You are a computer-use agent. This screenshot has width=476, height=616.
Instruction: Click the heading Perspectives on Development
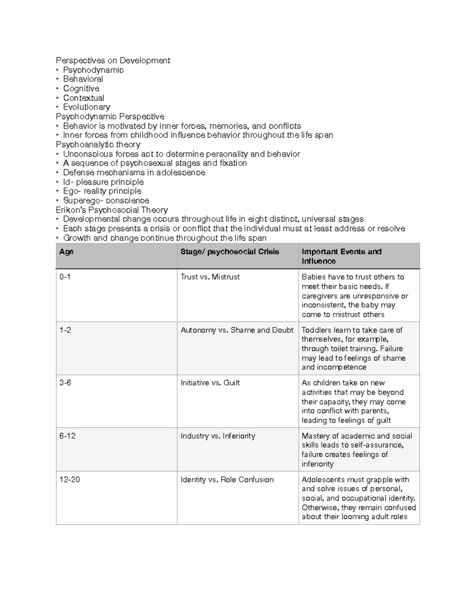113,60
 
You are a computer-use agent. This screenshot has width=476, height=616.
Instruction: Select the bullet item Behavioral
83,79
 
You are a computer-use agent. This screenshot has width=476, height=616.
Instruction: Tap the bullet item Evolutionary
86,107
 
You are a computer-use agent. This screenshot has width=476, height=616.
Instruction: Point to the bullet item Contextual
84,98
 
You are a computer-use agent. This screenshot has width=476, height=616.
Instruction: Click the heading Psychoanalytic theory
98,144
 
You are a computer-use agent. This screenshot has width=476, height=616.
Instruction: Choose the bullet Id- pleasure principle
103,182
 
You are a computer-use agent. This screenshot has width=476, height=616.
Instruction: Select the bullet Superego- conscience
106,200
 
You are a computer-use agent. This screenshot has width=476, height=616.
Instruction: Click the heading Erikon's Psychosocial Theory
112,210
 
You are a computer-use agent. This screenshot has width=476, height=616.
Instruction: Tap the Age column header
66,252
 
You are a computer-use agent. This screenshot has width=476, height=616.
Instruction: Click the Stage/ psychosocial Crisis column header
230,252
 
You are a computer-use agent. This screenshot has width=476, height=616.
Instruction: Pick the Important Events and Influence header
341,256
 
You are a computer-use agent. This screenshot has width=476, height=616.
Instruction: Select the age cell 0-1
65,277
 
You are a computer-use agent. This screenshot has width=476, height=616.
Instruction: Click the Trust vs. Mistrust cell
210,277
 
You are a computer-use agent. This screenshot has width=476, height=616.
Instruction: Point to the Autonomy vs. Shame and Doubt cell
237,330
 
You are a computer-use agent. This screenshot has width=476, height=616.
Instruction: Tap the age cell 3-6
65,383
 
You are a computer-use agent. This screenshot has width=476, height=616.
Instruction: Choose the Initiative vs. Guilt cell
210,383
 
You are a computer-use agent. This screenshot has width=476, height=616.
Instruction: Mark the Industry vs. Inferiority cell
218,436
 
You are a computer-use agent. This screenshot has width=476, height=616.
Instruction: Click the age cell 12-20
69,480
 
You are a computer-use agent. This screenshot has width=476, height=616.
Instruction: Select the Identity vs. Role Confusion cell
227,480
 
